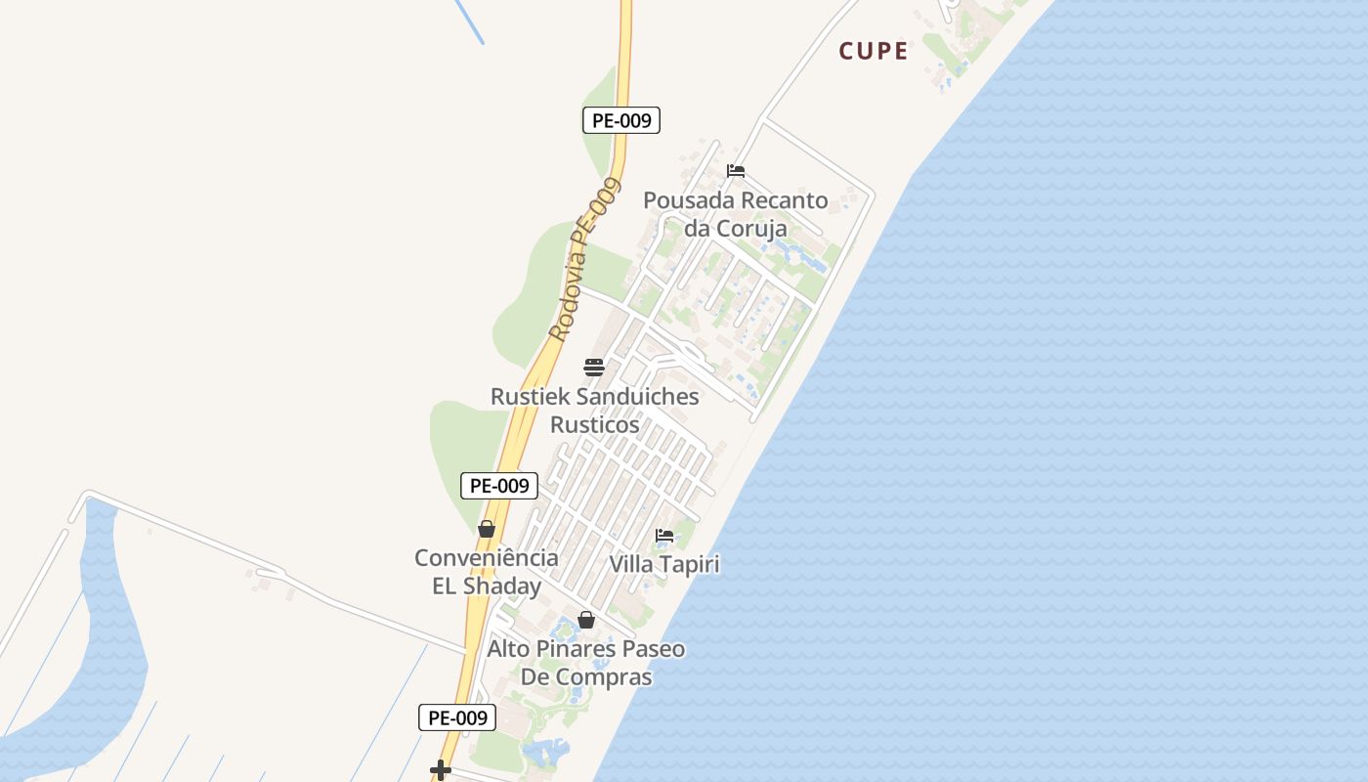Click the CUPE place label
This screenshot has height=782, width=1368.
pyautogui.click(x=874, y=51)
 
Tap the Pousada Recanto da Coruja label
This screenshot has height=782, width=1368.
pyautogui.click(x=735, y=214)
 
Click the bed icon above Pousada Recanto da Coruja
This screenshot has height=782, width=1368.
pyautogui.click(x=736, y=171)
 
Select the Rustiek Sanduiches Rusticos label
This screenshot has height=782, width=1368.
pyautogui.click(x=594, y=411)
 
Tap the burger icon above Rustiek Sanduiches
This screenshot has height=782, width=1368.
pyautogui.click(x=594, y=368)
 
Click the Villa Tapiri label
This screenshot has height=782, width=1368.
pyautogui.click(x=664, y=565)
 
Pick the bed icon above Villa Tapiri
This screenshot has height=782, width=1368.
pyautogui.click(x=664, y=536)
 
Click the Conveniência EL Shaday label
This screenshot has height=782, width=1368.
pyautogui.click(x=487, y=572)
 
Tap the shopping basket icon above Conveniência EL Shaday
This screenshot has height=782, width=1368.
pyautogui.click(x=487, y=529)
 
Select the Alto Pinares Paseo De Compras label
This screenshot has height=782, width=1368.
pyautogui.click(x=586, y=663)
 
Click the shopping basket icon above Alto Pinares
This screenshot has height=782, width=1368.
pyautogui.click(x=586, y=620)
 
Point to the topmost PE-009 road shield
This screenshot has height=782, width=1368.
pyautogui.click(x=621, y=120)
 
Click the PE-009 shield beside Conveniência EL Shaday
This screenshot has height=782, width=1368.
pyautogui.click(x=499, y=485)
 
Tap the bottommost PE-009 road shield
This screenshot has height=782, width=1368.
pyautogui.click(x=457, y=717)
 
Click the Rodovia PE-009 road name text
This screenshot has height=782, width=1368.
pyautogui.click(x=584, y=259)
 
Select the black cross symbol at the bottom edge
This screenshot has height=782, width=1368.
pyautogui.click(x=441, y=770)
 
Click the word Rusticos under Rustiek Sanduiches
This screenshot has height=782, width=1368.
pyautogui.click(x=594, y=425)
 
